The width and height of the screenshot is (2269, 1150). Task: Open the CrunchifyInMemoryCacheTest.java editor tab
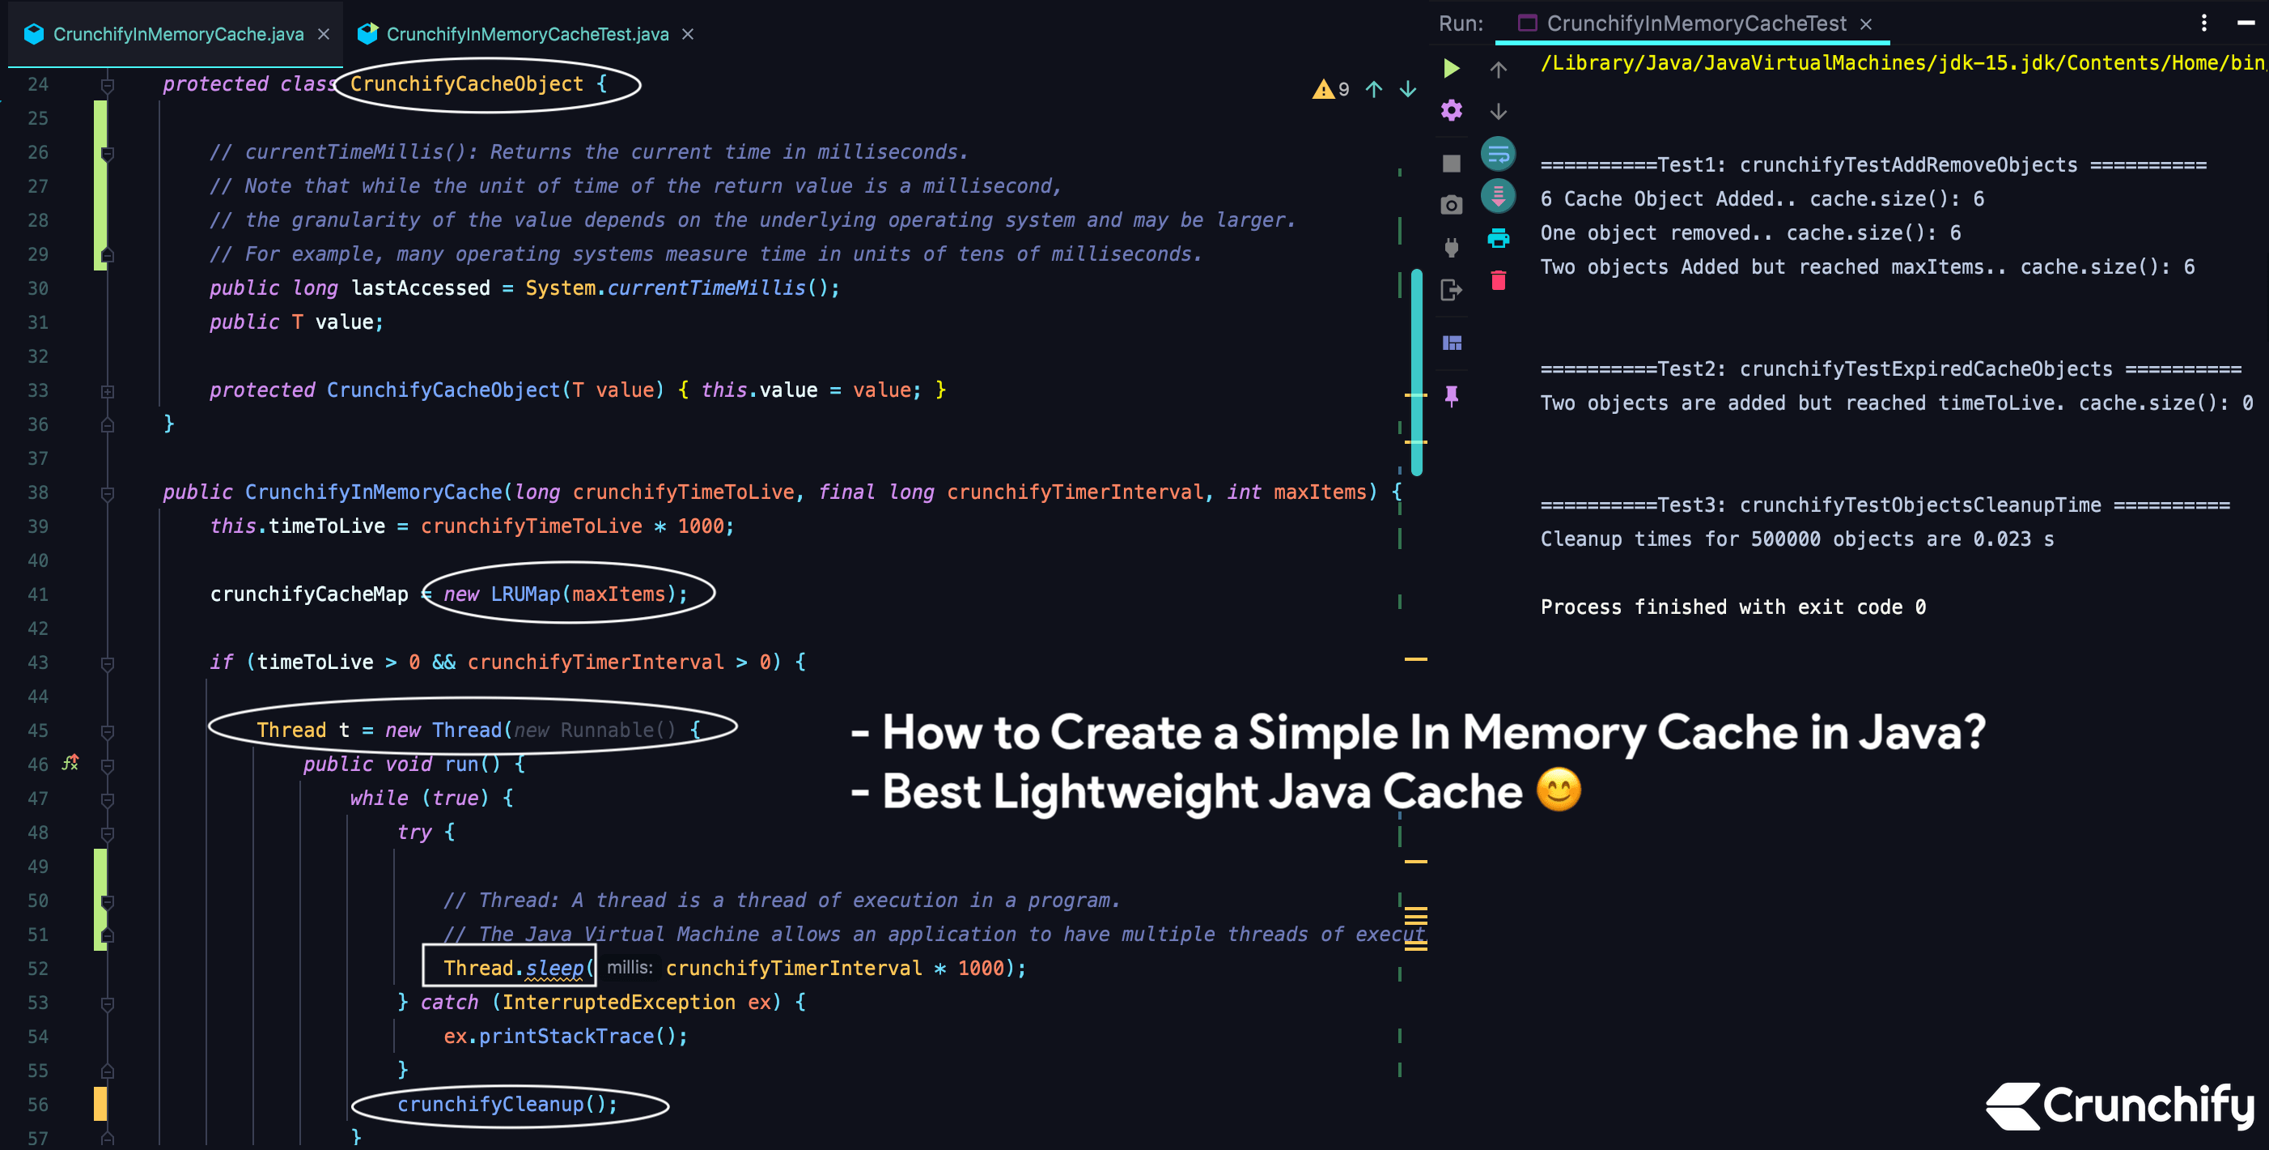(x=527, y=34)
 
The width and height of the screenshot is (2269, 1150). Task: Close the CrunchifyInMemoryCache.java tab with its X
(x=323, y=34)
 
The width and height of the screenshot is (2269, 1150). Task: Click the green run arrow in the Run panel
(x=1452, y=68)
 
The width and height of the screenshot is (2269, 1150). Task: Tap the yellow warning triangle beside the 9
(x=1322, y=89)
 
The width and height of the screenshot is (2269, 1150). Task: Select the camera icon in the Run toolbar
(x=1452, y=206)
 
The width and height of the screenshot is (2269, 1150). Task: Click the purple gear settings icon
(x=1452, y=110)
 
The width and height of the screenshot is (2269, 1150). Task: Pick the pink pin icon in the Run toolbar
(x=1452, y=396)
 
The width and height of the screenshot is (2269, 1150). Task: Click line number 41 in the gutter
(x=38, y=594)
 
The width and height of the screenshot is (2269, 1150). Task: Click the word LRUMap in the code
(x=525, y=594)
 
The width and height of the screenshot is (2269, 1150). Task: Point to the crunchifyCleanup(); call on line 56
(x=507, y=1104)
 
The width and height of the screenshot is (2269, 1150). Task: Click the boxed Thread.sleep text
(x=513, y=968)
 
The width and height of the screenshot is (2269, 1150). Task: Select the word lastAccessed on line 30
(x=420, y=288)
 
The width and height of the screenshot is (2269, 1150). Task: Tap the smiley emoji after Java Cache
(x=1559, y=790)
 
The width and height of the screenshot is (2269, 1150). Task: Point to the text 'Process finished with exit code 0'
(x=1732, y=607)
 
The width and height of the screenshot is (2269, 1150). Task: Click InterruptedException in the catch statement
(x=618, y=1002)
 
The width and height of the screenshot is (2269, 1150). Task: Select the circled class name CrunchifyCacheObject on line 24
(x=466, y=84)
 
